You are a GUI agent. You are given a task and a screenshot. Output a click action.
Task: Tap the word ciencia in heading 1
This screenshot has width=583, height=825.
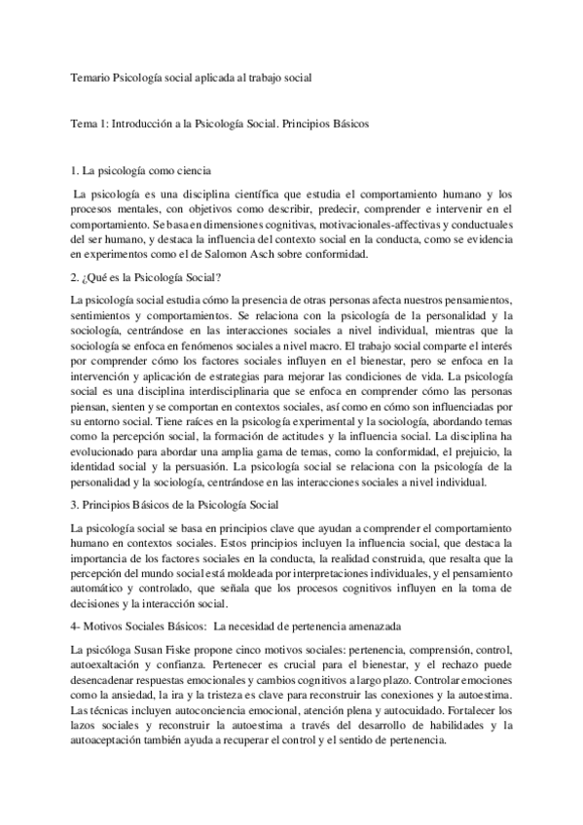point(192,170)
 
